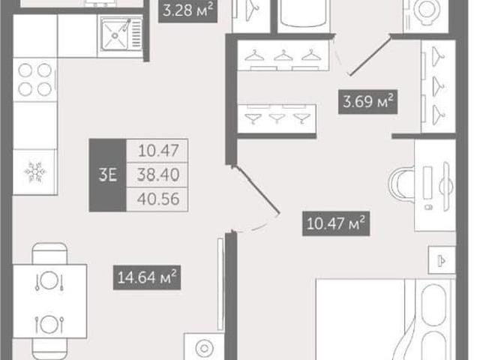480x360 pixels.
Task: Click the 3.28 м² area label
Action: click(187, 10)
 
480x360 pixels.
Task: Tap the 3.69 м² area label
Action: click(368, 101)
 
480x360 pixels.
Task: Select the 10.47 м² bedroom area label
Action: click(336, 223)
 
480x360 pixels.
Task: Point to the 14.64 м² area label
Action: click(147, 277)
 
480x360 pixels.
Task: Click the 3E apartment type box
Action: click(108, 175)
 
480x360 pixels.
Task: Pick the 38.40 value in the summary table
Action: click(158, 175)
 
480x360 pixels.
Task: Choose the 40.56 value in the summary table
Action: click(158, 199)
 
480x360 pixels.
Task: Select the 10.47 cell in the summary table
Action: click(158, 151)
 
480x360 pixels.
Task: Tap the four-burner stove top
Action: click(35, 80)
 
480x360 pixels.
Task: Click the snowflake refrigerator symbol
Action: click(35, 172)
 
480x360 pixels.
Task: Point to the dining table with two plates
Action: click(49, 301)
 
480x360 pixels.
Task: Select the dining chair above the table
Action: click(49, 253)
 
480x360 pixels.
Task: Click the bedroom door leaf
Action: click(256, 190)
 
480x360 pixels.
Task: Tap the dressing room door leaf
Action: click(370, 55)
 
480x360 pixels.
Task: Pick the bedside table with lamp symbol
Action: click(442, 260)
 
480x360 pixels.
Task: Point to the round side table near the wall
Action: click(204, 347)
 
